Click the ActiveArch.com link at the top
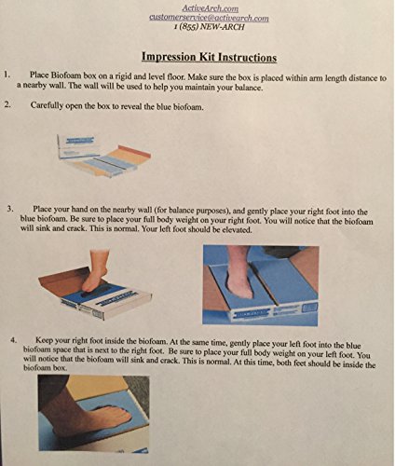[211, 8]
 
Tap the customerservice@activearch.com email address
[209, 18]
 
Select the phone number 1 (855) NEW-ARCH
[210, 27]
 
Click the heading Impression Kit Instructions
[209, 57]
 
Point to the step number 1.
[7, 75]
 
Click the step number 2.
[7, 104]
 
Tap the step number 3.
[10, 209]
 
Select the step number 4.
[13, 340]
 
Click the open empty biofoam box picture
[103, 155]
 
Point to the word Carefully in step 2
[44, 105]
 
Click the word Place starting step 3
[42, 209]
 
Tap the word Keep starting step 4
[44, 340]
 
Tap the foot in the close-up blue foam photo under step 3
[240, 273]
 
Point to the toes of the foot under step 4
[124, 414]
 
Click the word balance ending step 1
[248, 88]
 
